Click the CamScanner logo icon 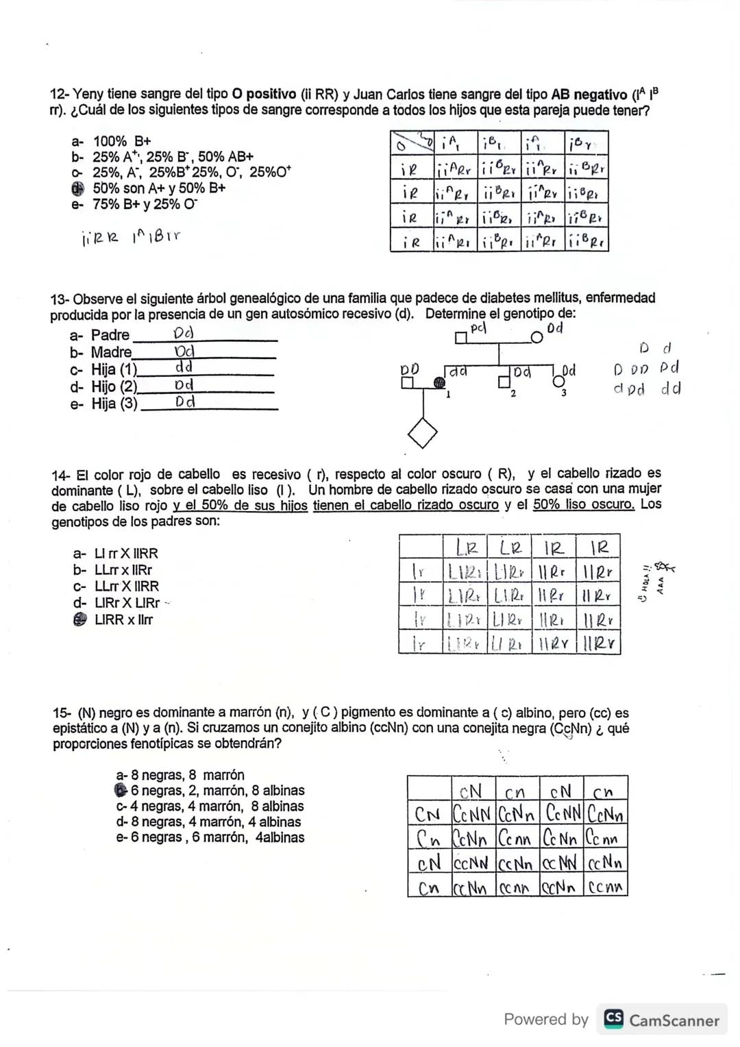[x=613, y=1020]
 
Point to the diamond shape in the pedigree [x=422, y=432]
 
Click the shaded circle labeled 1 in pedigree [x=438, y=384]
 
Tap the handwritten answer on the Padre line [x=184, y=334]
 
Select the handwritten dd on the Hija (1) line [x=184, y=367]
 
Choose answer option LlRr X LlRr [x=127, y=603]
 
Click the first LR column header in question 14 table [x=465, y=547]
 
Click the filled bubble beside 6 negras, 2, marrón [x=122, y=790]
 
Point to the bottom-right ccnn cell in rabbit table [x=606, y=888]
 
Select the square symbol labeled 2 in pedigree [x=506, y=383]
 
